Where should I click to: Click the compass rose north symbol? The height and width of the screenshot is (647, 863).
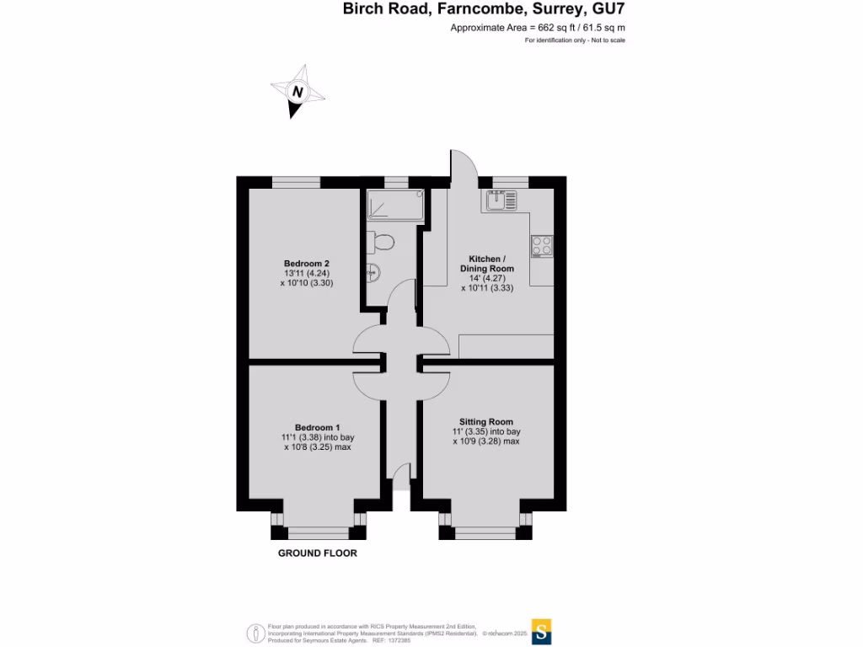(297, 94)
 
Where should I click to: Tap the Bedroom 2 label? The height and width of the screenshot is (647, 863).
(306, 264)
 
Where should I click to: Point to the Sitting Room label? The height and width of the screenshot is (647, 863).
(486, 421)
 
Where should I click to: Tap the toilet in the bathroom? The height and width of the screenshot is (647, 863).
(383, 242)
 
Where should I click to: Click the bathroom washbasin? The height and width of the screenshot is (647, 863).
(373, 271)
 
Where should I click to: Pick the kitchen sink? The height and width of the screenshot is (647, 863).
(501, 201)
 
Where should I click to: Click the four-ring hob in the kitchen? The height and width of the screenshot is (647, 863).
(542, 245)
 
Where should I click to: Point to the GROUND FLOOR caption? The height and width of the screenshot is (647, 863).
(318, 553)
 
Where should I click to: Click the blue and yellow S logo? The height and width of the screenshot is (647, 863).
(544, 631)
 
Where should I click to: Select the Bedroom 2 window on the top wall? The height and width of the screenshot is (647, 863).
(296, 182)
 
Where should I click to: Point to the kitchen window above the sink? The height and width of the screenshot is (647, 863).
(510, 182)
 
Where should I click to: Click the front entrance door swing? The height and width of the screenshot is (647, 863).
(401, 477)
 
